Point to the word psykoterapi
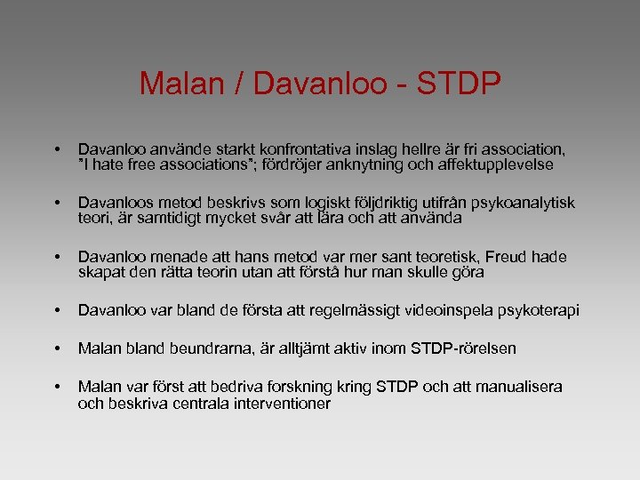tap(540, 310)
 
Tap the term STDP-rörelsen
tap(463, 349)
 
